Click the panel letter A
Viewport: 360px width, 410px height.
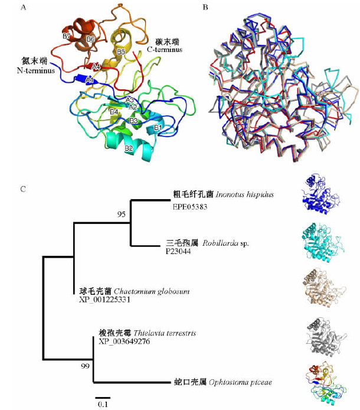23,8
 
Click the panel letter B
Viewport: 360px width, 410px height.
205,8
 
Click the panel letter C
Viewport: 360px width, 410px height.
23,189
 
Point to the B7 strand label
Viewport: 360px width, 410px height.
67,37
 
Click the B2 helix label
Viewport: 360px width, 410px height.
127,148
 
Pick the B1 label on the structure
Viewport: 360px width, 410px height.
158,127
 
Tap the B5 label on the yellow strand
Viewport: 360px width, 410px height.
120,52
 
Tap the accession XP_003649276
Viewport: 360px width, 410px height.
124,342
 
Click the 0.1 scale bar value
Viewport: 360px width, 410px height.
102,405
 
